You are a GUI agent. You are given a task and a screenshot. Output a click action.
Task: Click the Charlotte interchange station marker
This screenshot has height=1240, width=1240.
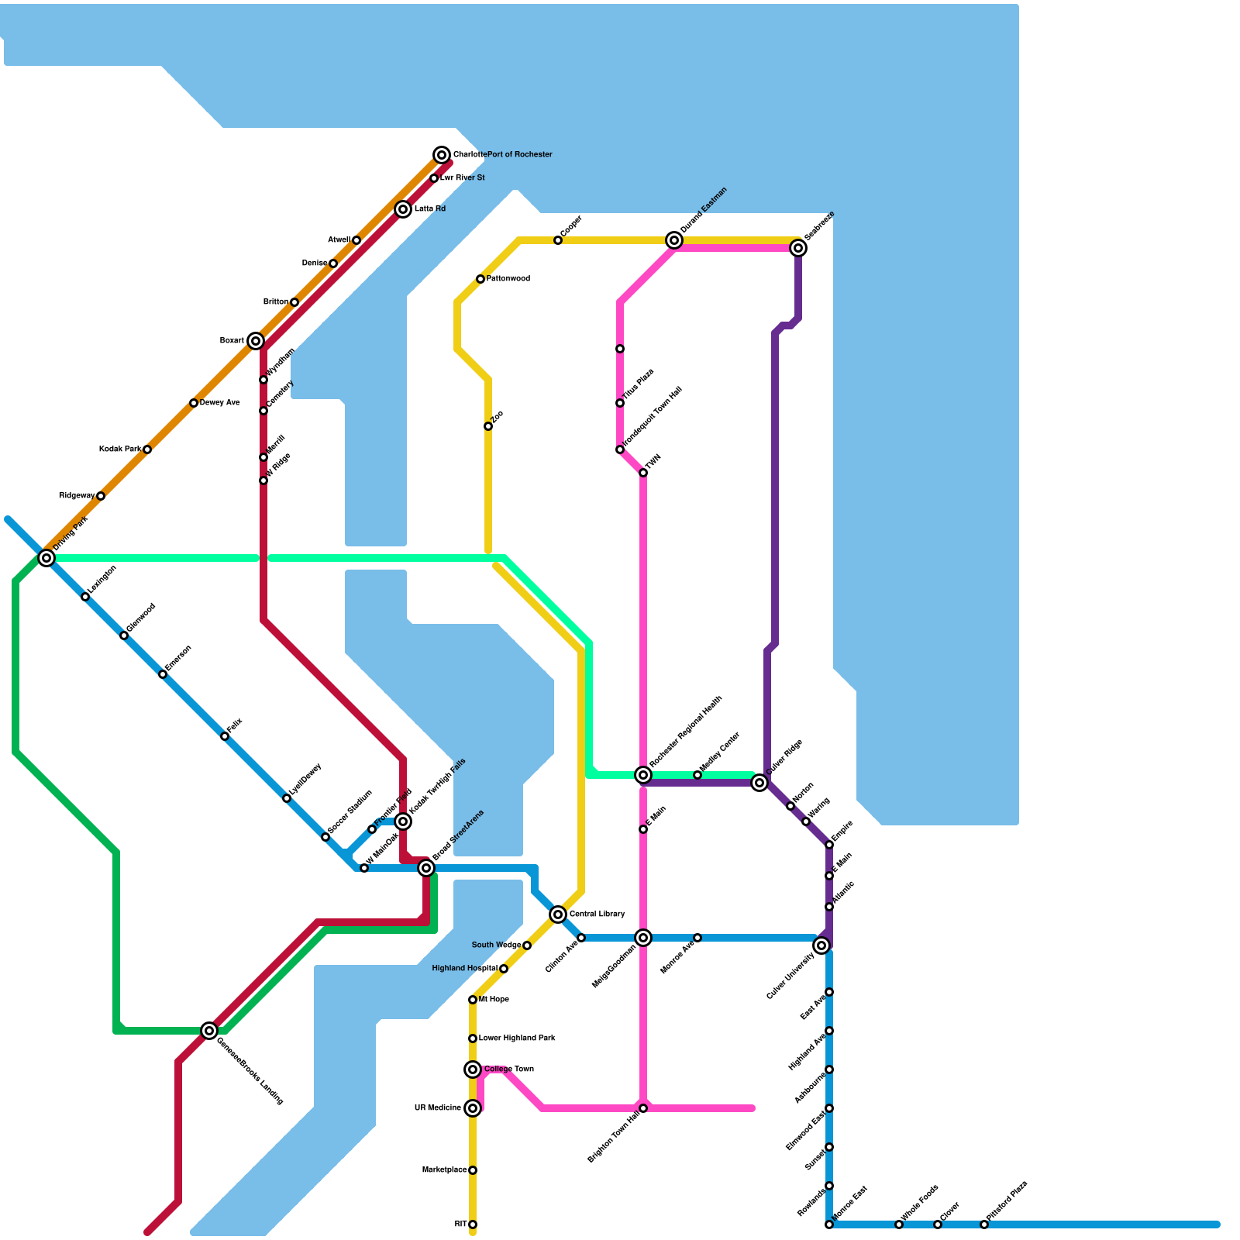tap(442, 155)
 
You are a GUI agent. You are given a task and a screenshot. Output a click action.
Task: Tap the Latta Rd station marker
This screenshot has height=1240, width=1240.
tap(403, 209)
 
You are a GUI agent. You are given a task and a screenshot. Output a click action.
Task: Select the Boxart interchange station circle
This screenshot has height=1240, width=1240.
tap(256, 341)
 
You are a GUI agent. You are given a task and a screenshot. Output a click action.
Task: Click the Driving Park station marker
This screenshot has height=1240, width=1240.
tap(46, 558)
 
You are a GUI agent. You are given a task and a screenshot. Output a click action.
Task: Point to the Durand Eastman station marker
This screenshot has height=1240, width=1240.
tap(674, 240)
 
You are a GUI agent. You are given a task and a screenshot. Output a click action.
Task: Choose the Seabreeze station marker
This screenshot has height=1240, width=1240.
tap(798, 248)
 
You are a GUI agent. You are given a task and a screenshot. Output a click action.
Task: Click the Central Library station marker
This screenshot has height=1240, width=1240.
tap(558, 914)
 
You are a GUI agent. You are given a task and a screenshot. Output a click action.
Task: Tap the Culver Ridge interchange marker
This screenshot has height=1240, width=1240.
tap(759, 783)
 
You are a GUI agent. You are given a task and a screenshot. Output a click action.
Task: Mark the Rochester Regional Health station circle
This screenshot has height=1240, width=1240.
tap(643, 775)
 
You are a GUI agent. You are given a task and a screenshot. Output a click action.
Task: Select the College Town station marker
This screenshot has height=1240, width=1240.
tap(473, 1069)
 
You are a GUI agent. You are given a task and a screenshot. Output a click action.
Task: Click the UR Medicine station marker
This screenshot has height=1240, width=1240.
tap(473, 1108)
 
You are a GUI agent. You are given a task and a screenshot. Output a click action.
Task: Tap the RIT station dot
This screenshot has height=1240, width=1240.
tap(473, 1224)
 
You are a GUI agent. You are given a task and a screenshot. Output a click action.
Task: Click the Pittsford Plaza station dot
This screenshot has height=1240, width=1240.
tap(984, 1224)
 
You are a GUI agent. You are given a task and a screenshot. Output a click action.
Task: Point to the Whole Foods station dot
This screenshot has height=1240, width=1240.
tap(899, 1224)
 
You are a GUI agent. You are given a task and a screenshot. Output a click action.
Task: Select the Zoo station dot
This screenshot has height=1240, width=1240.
tap(488, 426)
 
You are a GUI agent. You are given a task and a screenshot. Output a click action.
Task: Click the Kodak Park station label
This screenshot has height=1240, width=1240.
tap(120, 449)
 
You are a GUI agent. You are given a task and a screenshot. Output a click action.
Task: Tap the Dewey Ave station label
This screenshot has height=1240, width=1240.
tap(220, 403)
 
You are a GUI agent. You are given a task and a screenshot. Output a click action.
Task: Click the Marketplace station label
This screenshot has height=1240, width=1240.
tap(444, 1170)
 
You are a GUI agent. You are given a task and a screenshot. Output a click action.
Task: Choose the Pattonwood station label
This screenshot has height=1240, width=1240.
tap(508, 279)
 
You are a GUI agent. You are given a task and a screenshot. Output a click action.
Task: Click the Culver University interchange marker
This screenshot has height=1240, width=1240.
tap(821, 945)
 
